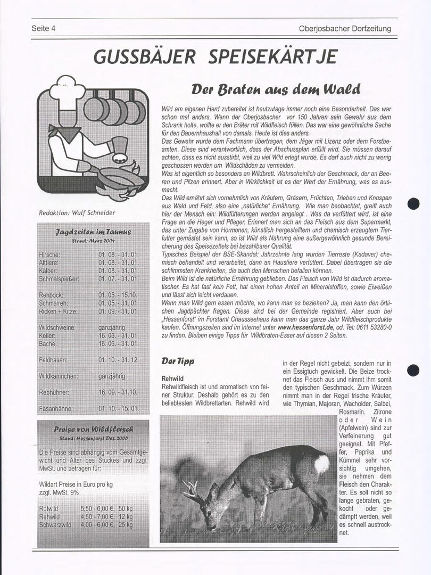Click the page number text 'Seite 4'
coord(44,29)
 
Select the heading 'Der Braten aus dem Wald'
coord(276,88)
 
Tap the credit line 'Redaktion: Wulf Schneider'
coord(77,213)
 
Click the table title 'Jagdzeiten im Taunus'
coord(93,232)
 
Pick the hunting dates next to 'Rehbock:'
coord(118,295)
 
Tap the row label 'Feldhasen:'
coord(53,360)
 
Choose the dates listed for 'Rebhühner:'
coord(118,392)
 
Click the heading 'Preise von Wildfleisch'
coord(94,429)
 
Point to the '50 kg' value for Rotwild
coord(126,508)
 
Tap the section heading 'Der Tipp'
coord(178,362)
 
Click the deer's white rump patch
coord(321,464)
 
